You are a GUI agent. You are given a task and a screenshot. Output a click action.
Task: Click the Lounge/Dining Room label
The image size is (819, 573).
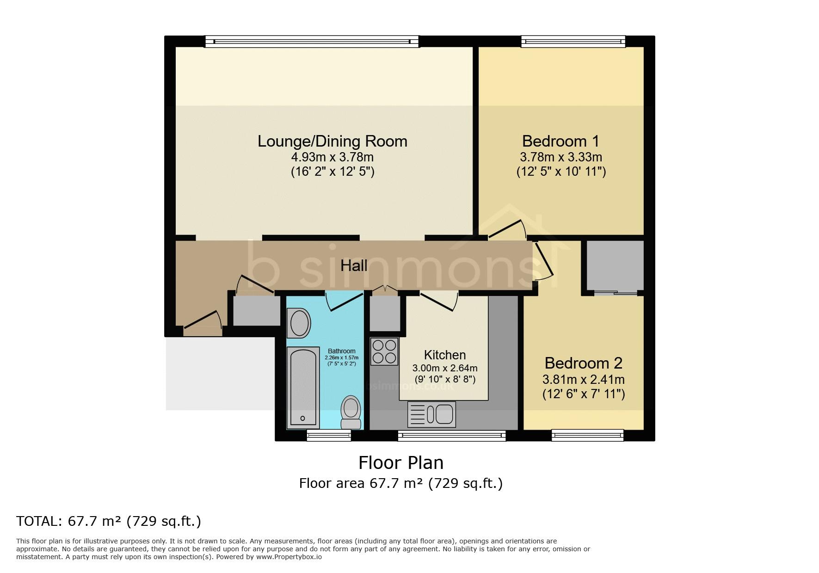tap(333, 141)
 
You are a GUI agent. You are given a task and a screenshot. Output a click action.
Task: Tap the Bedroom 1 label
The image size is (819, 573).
tap(560, 141)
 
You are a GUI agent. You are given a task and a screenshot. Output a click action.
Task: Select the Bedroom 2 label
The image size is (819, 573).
tap(584, 363)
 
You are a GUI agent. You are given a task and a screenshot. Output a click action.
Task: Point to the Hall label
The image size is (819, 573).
tap(354, 265)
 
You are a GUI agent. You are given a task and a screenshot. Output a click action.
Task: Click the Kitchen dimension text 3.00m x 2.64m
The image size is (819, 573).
tap(445, 369)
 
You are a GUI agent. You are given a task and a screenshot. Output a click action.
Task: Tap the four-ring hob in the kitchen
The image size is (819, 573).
tap(384, 351)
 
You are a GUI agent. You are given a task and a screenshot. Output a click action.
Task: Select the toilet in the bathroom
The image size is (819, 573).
tap(351, 412)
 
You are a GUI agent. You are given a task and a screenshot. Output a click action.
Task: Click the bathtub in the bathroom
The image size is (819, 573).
tap(303, 388)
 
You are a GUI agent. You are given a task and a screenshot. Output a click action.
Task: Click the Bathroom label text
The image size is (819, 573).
tap(342, 351)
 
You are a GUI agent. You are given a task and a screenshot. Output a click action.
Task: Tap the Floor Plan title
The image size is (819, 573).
tap(401, 462)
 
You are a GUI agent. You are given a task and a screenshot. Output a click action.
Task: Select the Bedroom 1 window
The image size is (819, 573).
tap(573, 42)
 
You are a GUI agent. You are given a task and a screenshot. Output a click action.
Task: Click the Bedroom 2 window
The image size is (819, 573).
tap(588, 435)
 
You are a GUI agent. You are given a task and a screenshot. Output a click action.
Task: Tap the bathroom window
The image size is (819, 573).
tap(329, 435)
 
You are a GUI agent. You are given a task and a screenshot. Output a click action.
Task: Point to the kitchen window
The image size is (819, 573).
tap(451, 435)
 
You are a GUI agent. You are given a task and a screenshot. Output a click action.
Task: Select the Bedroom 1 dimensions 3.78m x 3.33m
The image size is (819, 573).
tap(561, 157)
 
